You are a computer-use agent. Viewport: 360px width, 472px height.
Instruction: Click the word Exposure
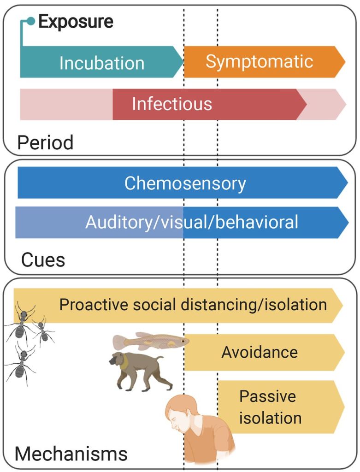76,22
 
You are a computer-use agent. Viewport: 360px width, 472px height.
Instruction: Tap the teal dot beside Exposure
31,21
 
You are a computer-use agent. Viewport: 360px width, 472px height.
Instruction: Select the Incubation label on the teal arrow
102,63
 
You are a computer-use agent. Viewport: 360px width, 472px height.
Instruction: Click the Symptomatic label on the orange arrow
259,61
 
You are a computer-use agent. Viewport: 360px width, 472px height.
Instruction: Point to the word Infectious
172,104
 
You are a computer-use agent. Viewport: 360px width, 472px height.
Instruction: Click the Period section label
45,142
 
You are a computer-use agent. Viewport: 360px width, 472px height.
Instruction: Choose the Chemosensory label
185,183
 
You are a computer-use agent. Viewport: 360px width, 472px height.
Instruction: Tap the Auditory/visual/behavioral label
192,222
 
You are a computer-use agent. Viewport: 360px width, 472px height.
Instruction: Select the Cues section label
43,260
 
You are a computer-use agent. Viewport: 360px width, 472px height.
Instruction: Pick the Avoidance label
260,352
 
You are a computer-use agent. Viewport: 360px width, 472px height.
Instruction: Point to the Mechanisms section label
71,454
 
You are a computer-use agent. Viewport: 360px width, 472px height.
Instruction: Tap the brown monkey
138,368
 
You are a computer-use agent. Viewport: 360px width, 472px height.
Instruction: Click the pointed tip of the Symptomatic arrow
345,61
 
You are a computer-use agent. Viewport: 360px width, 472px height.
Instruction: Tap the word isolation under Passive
270,418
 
